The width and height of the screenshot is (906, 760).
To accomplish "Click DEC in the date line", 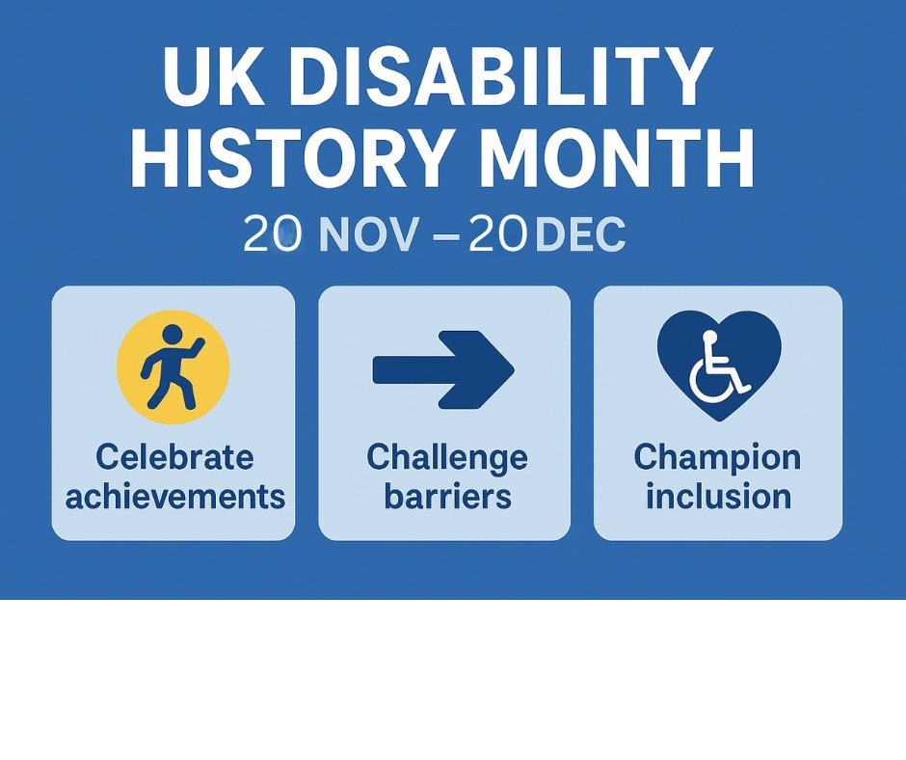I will [579, 234].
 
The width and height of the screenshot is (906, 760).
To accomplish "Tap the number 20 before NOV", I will [273, 234].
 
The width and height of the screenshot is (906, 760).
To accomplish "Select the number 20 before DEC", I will [497, 234].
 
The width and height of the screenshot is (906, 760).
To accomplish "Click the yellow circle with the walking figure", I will [173, 366].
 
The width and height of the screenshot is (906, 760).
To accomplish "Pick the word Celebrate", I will [174, 456].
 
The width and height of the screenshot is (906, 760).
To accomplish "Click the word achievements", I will [174, 497].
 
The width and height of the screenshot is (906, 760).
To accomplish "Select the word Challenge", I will [447, 456].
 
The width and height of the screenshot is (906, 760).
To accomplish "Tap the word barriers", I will [447, 497].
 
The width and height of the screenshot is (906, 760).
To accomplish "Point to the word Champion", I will [717, 456].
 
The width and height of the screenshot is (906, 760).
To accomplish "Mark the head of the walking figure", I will [173, 335].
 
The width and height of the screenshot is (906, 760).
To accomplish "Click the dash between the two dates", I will [446, 235].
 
